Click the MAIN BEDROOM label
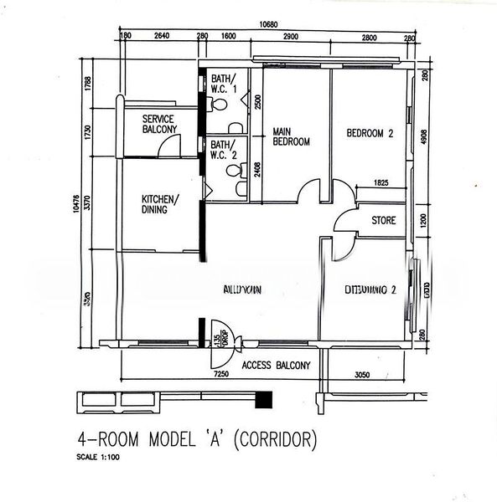[x=291, y=136]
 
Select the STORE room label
[x=384, y=221]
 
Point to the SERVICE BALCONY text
[x=159, y=125]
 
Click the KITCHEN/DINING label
[x=158, y=204]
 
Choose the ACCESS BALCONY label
[x=276, y=366]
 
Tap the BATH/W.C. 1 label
[x=224, y=83]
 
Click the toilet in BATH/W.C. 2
[x=231, y=170]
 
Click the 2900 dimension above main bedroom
[x=292, y=38]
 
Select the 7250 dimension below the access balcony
[x=221, y=376]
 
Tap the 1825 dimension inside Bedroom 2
[x=381, y=182]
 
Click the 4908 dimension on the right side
[x=425, y=137]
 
